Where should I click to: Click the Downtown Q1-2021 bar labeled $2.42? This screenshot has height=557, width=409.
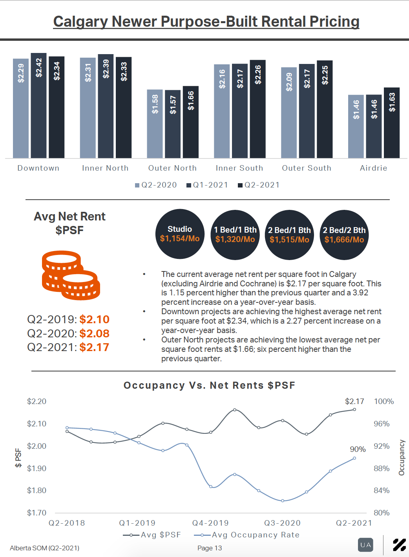coord(38,106)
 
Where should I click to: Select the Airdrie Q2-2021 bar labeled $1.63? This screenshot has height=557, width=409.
coord(392,123)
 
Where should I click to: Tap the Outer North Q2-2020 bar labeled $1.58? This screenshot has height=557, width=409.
coord(155,124)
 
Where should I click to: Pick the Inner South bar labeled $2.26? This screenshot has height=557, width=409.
coord(258,109)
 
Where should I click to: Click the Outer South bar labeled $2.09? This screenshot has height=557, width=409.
coord(289,113)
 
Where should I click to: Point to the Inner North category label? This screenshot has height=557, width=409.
coord(105,168)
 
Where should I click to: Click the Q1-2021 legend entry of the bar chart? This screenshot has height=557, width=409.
coord(207,185)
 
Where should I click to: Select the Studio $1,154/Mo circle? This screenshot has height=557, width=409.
coord(180,234)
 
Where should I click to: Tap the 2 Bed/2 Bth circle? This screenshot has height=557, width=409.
coord(344,235)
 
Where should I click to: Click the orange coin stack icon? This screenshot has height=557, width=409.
coord(71,275)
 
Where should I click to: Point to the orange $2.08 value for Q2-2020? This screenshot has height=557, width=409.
coord(94,333)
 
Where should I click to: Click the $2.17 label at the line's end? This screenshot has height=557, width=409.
coord(354,401)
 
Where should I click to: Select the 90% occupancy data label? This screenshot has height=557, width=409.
coord(358,449)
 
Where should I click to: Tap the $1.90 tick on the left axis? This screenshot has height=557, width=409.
coord(37,468)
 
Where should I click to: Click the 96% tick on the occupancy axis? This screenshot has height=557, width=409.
coord(382,424)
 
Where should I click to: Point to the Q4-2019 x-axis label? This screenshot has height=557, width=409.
coord(210,523)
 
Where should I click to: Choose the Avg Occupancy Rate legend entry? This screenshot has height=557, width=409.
coord(247,535)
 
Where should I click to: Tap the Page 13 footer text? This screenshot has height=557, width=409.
coord(210,548)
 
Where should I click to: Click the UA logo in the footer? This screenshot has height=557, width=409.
coord(365,545)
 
